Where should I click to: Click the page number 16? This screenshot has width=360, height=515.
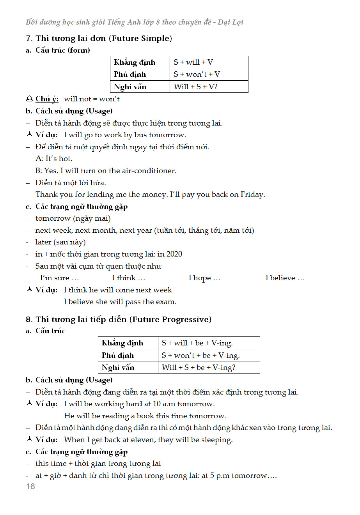coord(30,487)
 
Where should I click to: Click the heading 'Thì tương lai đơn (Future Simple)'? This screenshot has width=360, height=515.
coord(104,38)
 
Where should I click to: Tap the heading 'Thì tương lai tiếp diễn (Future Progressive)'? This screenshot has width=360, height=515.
coord(123,319)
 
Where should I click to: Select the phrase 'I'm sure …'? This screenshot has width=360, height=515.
coord(60,278)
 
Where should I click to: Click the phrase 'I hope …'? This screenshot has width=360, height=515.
coord(204,278)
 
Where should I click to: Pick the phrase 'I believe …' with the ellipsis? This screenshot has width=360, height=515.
coord(285,278)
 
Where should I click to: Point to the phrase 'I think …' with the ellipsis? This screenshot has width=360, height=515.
coord(128,278)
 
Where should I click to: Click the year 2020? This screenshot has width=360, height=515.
coord(174,254)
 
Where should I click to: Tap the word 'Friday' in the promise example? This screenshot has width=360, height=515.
coord(252,195)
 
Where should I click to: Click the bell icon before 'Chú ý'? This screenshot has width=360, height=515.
coord(29,99)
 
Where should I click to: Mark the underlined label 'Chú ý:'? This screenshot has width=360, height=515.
coord(47,99)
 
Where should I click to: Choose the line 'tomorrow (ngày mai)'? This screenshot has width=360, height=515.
coord(73,218)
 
